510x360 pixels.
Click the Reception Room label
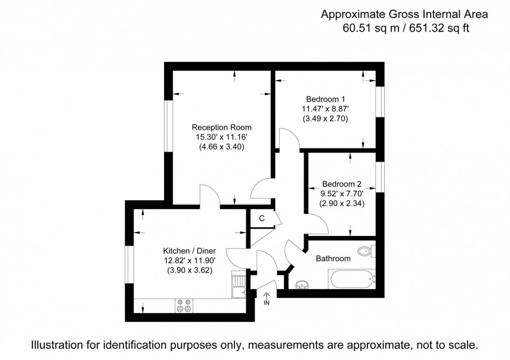coord(221,127)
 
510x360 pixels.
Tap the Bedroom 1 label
coord(326,99)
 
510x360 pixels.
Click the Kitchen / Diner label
coord(190,251)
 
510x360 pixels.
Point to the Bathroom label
coord(333,259)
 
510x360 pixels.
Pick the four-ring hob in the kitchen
coord(184,305)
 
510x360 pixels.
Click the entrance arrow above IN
coord(266,294)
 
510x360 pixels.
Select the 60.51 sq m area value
coord(370,27)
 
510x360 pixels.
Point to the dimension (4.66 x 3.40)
coord(221,148)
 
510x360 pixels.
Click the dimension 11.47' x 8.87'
coord(326,109)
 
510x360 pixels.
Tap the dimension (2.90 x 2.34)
coord(342,203)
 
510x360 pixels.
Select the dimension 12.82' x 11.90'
coord(190,260)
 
